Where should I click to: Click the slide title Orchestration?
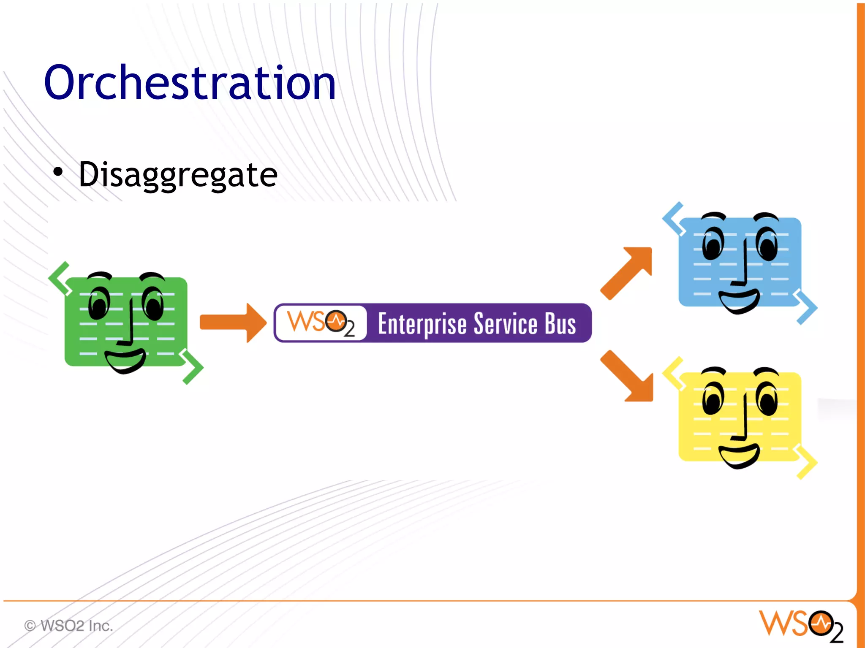(x=190, y=82)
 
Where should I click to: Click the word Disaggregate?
(x=178, y=174)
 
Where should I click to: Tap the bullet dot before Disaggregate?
(x=58, y=172)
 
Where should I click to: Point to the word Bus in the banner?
(x=560, y=324)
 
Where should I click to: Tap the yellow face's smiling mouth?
(x=739, y=456)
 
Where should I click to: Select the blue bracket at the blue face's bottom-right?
(x=806, y=307)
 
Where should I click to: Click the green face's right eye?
(x=153, y=304)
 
